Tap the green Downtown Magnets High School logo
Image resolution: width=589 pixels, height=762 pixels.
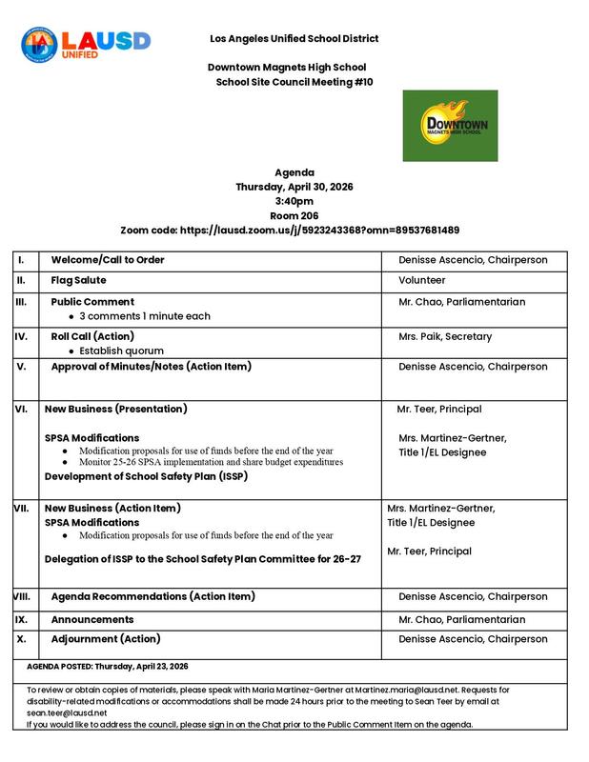coord(450,125)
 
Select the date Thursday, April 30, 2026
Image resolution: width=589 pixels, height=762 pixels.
coord(294,187)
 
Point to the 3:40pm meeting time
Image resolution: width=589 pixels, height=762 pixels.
coord(294,201)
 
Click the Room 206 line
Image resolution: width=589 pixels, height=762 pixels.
coord(294,216)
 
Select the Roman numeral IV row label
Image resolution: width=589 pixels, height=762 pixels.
coord(22,336)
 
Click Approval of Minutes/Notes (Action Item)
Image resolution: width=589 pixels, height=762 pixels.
coord(156,367)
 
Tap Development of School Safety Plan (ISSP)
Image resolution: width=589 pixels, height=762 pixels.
coord(146,476)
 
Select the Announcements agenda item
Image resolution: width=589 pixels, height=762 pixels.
coord(92,619)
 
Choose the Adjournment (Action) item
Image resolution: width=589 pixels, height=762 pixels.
coord(105,638)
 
